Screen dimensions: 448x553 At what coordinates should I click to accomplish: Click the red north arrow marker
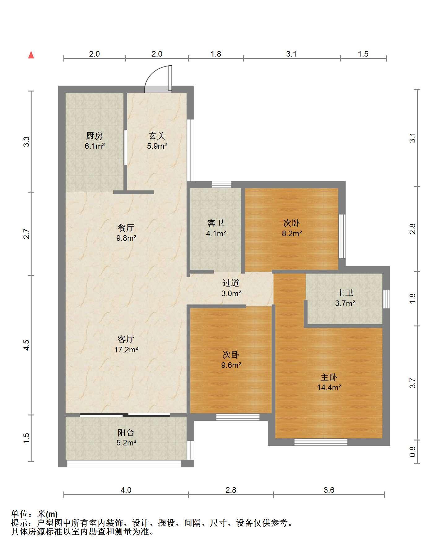pos(31,55)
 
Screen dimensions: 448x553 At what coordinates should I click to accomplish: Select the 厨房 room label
pos(94,136)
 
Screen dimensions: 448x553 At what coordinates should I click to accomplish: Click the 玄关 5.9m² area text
pos(157,146)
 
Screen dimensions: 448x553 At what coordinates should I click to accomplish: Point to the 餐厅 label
pos(126,228)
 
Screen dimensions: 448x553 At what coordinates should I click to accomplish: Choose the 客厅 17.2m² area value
pos(126,350)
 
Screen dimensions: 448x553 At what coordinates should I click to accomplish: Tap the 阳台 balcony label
pos(126,432)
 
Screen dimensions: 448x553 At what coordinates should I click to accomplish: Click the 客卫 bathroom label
pos(216,223)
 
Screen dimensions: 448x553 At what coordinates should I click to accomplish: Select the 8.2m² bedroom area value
pos(291,233)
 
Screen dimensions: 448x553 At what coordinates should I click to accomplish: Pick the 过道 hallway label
pos(231,283)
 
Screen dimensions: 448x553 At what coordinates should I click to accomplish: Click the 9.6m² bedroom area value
pos(231,365)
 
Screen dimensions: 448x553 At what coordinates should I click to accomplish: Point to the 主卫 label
pos(345,293)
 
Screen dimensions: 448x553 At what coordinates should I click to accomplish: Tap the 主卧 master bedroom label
pos(329,377)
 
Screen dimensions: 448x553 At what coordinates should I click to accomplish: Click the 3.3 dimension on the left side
pos(27,142)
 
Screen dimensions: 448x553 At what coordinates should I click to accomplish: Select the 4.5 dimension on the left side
pos(27,345)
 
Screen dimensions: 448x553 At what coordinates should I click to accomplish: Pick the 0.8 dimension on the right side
pos(412,452)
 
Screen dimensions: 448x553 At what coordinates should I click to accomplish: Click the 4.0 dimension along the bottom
pos(126,490)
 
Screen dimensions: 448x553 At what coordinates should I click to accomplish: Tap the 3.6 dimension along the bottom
pos(329,490)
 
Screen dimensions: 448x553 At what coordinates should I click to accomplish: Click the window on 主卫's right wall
pos(386,299)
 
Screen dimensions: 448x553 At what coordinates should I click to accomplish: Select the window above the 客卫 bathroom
pos(222,185)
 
